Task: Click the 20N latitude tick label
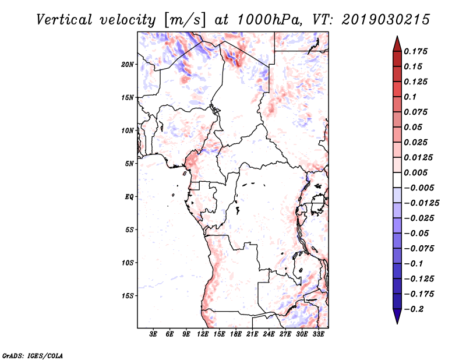point(127,65)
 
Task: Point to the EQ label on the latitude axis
point(129,197)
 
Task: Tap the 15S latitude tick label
point(128,296)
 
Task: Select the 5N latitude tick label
point(129,164)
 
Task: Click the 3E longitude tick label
point(153,334)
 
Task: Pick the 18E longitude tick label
point(236,334)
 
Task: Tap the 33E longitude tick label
point(318,334)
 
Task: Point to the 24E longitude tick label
point(269,334)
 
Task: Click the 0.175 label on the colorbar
point(415,51)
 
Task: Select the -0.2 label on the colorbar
point(414,309)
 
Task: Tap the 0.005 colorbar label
point(415,172)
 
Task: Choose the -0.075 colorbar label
point(419,249)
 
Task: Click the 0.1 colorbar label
point(410,97)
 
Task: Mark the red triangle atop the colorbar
point(397,44)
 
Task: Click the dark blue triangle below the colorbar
point(397,316)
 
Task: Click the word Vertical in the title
point(64,20)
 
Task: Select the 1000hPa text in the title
point(270,20)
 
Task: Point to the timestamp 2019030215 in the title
point(386,20)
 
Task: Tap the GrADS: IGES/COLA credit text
point(33,356)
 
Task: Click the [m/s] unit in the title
point(185,20)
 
